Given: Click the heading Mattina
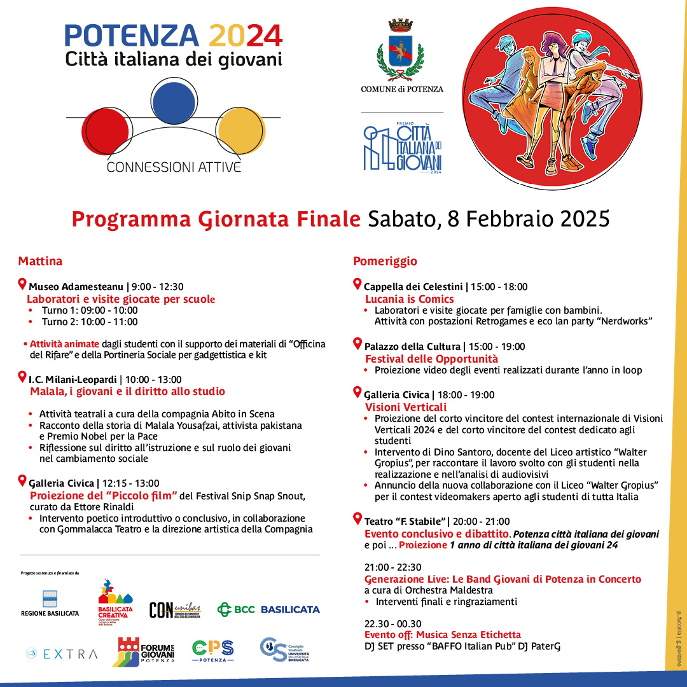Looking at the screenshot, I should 40,261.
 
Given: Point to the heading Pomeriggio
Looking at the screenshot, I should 385,261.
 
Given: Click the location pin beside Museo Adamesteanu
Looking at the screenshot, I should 23,284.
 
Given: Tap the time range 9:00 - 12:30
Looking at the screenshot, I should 157,287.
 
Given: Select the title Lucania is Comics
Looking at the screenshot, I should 409,299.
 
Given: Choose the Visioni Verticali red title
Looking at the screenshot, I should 406,407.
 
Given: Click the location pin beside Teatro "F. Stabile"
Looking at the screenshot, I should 357,519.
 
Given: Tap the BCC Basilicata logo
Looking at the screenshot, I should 268,609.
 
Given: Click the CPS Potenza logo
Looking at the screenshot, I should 212,650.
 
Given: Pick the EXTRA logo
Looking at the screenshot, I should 62,653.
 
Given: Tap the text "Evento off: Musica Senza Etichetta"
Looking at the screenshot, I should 443,635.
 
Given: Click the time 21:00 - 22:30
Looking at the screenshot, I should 393,567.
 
